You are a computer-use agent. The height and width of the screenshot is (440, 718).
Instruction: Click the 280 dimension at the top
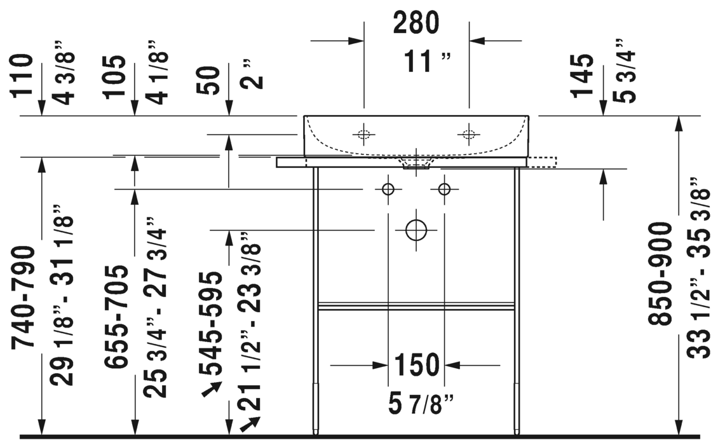(416, 23)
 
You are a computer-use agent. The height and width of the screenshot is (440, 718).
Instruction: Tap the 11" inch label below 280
(428, 62)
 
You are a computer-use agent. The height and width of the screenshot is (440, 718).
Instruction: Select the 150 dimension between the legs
(417, 365)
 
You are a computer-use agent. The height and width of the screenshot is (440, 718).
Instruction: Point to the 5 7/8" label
(421, 404)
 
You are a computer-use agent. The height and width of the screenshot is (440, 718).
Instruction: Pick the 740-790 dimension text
(23, 298)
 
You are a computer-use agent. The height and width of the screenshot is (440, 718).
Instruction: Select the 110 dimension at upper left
(22, 75)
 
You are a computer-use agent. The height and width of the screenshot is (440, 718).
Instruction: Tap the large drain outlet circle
(416, 230)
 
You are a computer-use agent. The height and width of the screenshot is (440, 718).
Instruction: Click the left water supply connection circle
(388, 189)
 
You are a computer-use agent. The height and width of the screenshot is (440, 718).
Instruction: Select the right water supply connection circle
(444, 189)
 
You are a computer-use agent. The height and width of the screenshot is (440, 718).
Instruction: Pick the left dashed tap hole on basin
(363, 134)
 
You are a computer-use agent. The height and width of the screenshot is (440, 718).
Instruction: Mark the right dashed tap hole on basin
(469, 134)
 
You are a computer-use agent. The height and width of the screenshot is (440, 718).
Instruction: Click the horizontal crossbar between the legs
(416, 306)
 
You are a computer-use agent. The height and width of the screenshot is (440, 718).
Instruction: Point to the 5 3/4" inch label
(624, 70)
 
